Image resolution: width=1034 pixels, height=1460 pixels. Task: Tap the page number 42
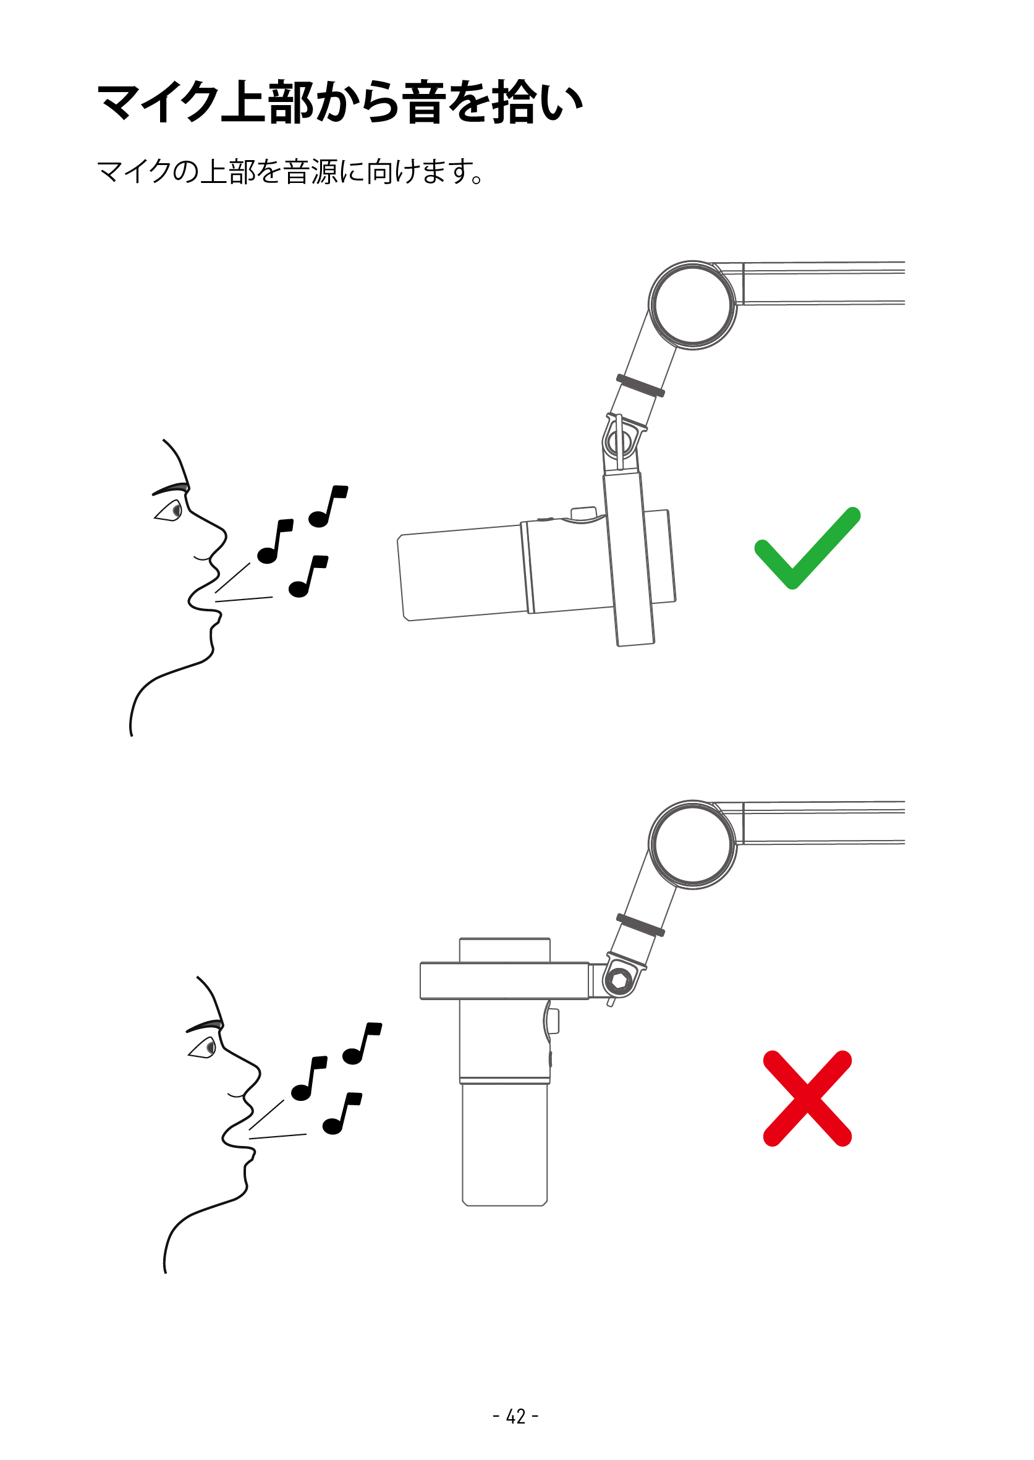515,1416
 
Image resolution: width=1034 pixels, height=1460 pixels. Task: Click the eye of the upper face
173,510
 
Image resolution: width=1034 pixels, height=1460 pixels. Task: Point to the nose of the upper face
216,532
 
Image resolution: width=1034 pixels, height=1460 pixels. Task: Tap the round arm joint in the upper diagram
692,304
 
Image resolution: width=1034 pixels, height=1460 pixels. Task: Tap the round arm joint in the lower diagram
692,844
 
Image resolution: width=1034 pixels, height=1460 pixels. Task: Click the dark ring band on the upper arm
640,386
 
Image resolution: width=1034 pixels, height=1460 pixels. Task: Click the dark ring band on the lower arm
640,925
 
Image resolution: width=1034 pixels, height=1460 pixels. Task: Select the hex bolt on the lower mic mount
618,980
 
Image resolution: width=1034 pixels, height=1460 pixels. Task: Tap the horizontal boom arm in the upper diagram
821,283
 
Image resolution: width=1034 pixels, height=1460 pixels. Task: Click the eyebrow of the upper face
171,489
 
